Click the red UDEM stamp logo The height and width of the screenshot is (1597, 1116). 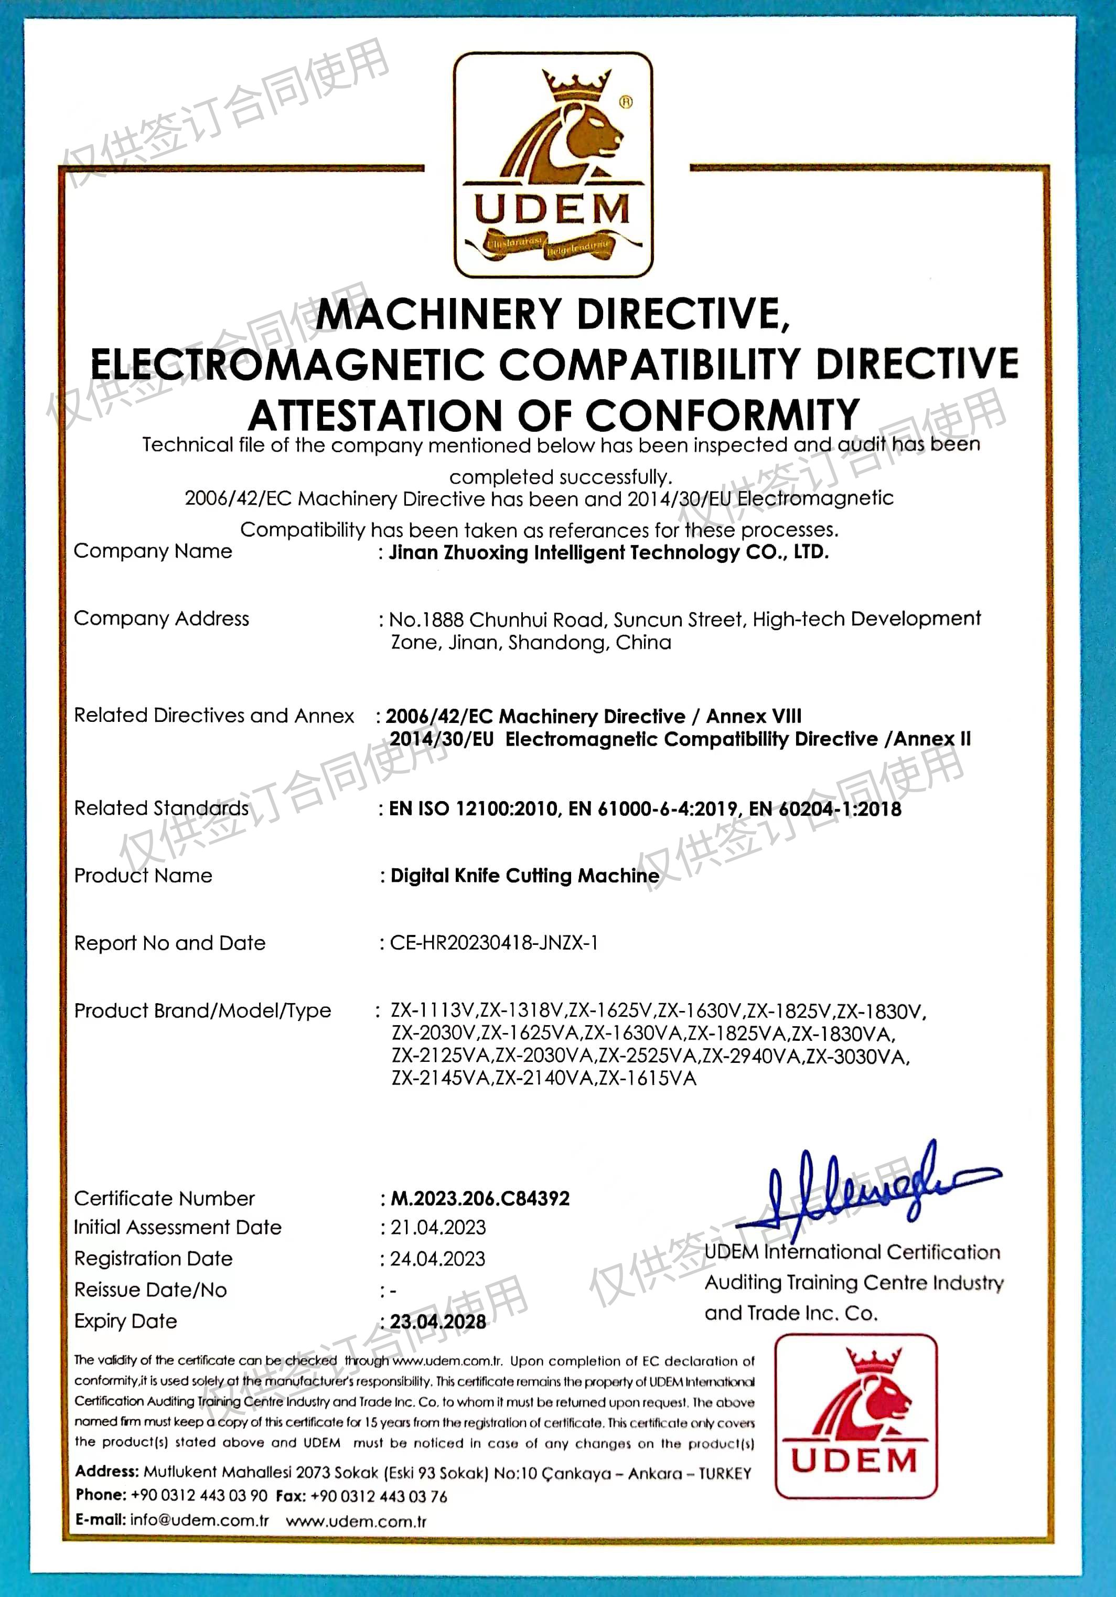856,1416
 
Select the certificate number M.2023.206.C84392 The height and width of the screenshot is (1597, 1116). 480,1198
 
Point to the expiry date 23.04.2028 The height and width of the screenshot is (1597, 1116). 438,1322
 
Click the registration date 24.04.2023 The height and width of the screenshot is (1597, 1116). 437,1259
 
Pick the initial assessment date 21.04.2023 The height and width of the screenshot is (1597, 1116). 438,1228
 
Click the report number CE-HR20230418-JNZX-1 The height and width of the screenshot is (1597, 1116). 493,943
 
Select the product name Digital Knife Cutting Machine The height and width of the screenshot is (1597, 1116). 525,876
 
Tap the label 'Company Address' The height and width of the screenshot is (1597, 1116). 162,619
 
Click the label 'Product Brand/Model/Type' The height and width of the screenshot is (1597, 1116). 202,1010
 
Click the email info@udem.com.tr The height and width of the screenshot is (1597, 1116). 200,1520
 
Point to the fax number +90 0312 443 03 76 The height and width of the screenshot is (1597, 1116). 379,1497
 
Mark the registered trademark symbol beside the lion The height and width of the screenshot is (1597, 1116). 626,102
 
